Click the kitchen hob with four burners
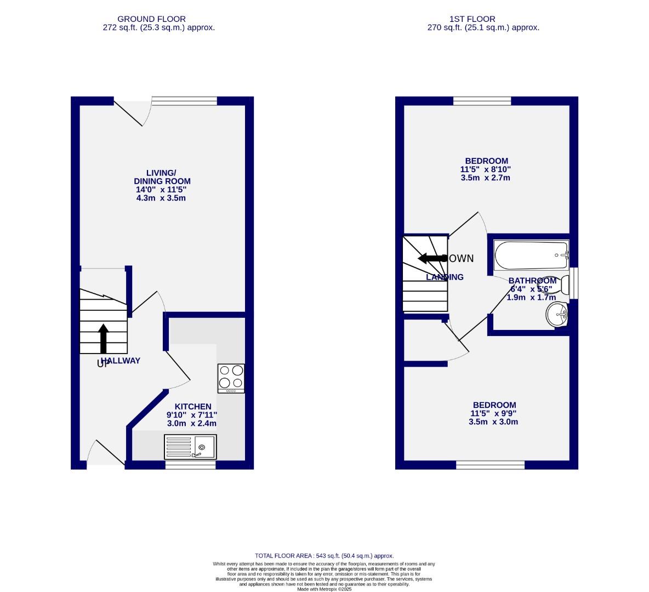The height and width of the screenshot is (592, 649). (x=231, y=378)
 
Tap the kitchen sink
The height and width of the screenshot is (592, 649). (x=191, y=447)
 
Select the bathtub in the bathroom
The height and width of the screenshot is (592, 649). (x=531, y=255)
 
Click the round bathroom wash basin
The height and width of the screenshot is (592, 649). (x=557, y=315)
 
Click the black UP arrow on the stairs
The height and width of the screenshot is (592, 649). (x=103, y=338)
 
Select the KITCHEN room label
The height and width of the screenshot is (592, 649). (x=192, y=406)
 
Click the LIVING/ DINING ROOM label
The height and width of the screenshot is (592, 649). (x=162, y=177)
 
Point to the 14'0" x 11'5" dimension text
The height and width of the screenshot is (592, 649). (x=161, y=190)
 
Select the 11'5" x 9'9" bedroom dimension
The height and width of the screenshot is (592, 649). (x=493, y=413)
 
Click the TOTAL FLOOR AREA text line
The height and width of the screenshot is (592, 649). (x=324, y=555)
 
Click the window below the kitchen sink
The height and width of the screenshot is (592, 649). (x=190, y=465)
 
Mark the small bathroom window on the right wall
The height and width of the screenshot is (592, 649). (x=574, y=283)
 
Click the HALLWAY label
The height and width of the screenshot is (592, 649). (x=121, y=361)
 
